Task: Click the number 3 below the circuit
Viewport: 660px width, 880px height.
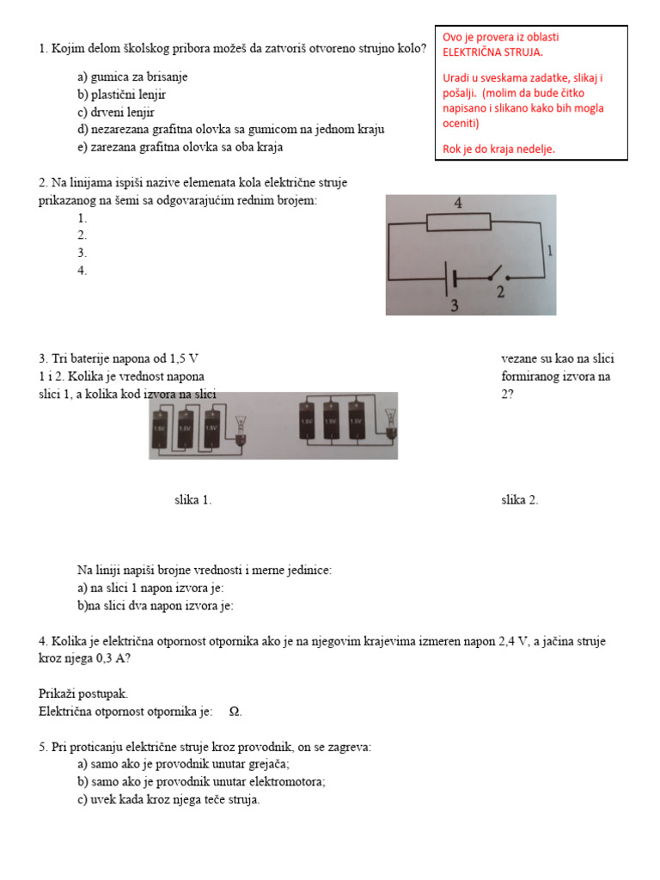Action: pos(453,305)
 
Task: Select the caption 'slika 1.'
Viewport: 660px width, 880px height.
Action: pos(192,500)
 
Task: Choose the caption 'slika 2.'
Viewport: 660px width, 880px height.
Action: pos(520,500)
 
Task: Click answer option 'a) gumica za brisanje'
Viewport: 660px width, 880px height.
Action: pos(132,76)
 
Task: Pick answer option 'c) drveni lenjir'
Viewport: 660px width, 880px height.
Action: pos(116,112)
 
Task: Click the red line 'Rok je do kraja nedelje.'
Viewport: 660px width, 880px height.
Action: pos(498,149)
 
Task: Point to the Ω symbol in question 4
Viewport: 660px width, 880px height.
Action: pos(235,712)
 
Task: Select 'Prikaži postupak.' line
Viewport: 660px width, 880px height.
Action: pos(83,694)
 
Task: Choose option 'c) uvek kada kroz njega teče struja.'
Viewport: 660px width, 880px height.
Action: pos(168,799)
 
